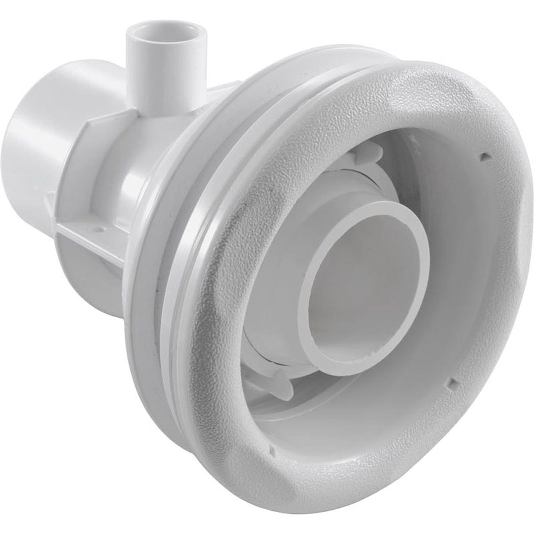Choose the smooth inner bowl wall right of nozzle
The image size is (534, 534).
(x=436, y=288)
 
